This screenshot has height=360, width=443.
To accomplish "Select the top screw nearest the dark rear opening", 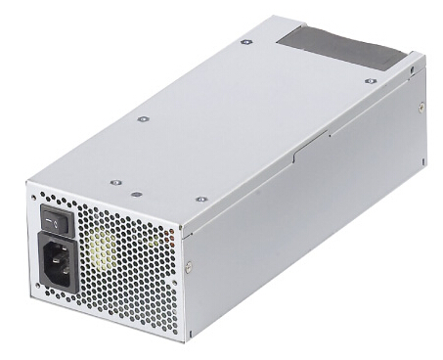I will point(245,42).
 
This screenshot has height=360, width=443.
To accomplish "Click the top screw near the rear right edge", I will point(368,81).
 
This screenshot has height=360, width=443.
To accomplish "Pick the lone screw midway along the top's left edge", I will point(143,118).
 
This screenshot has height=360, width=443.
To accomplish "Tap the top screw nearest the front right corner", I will point(200,199).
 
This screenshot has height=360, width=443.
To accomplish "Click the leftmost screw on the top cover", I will point(114,182).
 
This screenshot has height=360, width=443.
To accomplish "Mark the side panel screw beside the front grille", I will point(190,265).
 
